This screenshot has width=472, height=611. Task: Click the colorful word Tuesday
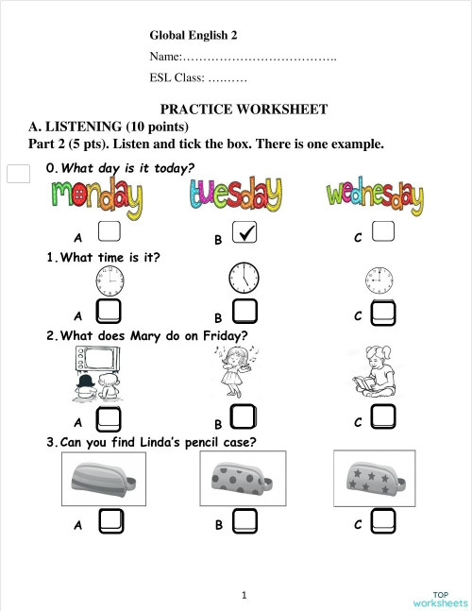(234, 197)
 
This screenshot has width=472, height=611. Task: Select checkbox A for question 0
(109, 231)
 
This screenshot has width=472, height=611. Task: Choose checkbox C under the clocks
(383, 312)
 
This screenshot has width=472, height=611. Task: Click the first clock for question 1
(109, 280)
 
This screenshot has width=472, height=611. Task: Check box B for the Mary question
(244, 416)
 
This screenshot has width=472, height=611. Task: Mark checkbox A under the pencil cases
(110, 520)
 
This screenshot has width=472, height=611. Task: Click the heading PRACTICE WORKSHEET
(244, 110)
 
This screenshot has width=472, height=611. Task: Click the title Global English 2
(194, 35)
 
